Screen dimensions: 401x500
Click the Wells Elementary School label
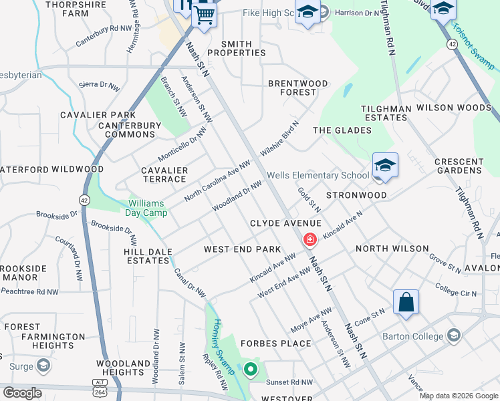click(x=318, y=176)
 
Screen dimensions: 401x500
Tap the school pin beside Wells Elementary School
click(x=385, y=166)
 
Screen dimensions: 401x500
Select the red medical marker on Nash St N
click(x=310, y=239)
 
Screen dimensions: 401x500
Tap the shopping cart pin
click(x=204, y=14)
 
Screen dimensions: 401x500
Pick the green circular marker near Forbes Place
click(x=251, y=369)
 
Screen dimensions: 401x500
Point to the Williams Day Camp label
click(x=148, y=209)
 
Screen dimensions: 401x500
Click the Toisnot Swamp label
click(x=473, y=47)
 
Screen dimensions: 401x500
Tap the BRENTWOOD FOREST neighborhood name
click(x=298, y=88)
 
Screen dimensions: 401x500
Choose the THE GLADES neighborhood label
click(x=342, y=130)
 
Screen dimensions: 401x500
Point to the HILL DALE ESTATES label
click(x=148, y=256)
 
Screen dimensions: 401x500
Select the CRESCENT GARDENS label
click(x=459, y=166)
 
